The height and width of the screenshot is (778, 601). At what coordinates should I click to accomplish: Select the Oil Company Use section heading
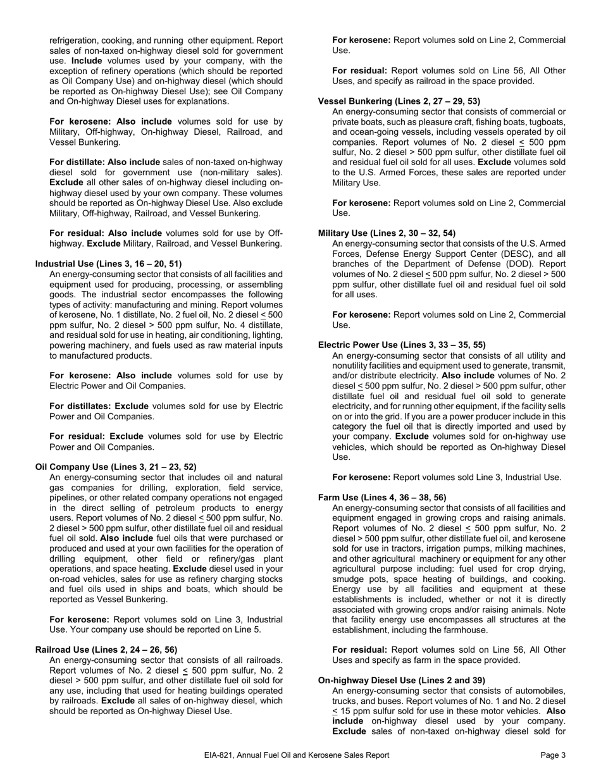click(x=116, y=467)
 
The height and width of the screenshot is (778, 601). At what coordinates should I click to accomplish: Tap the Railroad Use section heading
click(x=106, y=650)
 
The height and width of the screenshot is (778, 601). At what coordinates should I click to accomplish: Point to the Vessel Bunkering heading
click(x=399, y=101)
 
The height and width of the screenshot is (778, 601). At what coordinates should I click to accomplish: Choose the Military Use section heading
click(x=387, y=233)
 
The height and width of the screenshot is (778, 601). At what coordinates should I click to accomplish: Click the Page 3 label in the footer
click(x=553, y=755)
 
